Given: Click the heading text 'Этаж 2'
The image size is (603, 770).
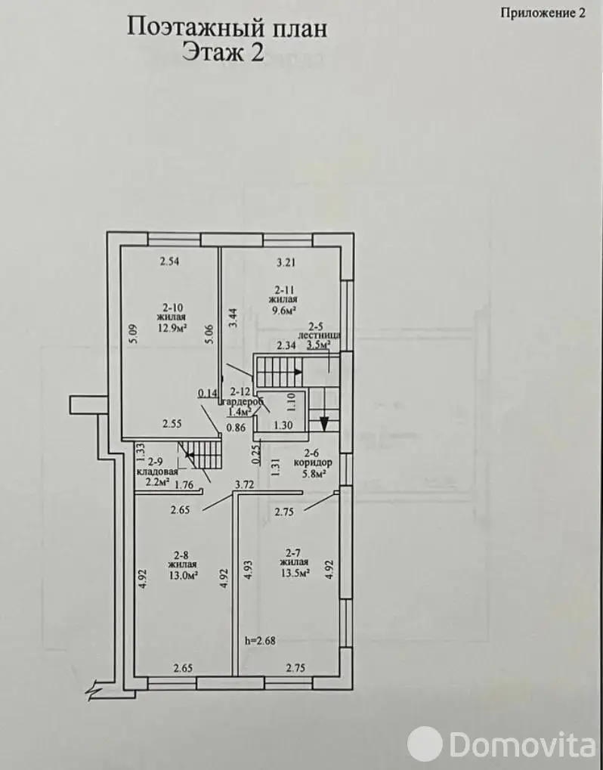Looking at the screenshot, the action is [x=223, y=51].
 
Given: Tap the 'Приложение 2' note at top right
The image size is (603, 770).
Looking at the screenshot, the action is [x=543, y=13].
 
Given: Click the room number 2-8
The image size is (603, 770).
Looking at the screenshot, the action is [x=181, y=555].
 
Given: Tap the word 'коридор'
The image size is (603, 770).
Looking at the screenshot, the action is [x=313, y=462].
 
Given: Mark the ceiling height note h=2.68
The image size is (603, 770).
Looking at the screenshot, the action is [x=260, y=640].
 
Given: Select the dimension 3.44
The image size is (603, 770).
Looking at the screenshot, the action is [x=235, y=317].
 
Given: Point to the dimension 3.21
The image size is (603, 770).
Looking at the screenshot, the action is [x=286, y=263].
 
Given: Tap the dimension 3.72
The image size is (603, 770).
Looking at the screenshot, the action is [x=244, y=484].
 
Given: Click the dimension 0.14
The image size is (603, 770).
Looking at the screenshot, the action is [x=208, y=392].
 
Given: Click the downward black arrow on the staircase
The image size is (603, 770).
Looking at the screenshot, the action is [x=323, y=423].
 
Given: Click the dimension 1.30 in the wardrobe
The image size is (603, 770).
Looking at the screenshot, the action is [x=281, y=425].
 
